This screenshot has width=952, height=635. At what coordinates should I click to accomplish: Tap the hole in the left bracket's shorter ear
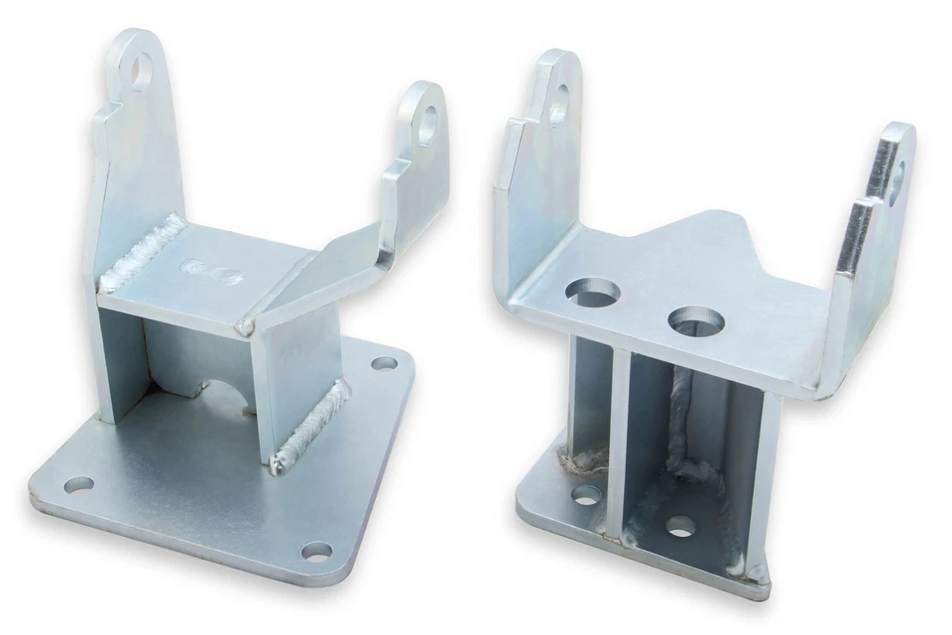point(427,125)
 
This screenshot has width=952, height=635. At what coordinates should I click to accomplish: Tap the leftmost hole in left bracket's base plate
point(78,485)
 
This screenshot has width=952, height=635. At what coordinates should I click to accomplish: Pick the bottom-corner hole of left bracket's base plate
point(316,551)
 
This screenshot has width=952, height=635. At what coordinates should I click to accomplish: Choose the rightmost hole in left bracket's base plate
point(384,363)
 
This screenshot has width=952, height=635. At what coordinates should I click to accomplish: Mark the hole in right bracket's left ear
point(558,101)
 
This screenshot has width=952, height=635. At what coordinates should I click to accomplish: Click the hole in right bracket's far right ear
point(895,182)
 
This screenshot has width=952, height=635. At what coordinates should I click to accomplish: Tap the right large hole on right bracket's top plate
point(695,321)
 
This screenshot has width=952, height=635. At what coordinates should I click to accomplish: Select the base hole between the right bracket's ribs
point(680,525)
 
